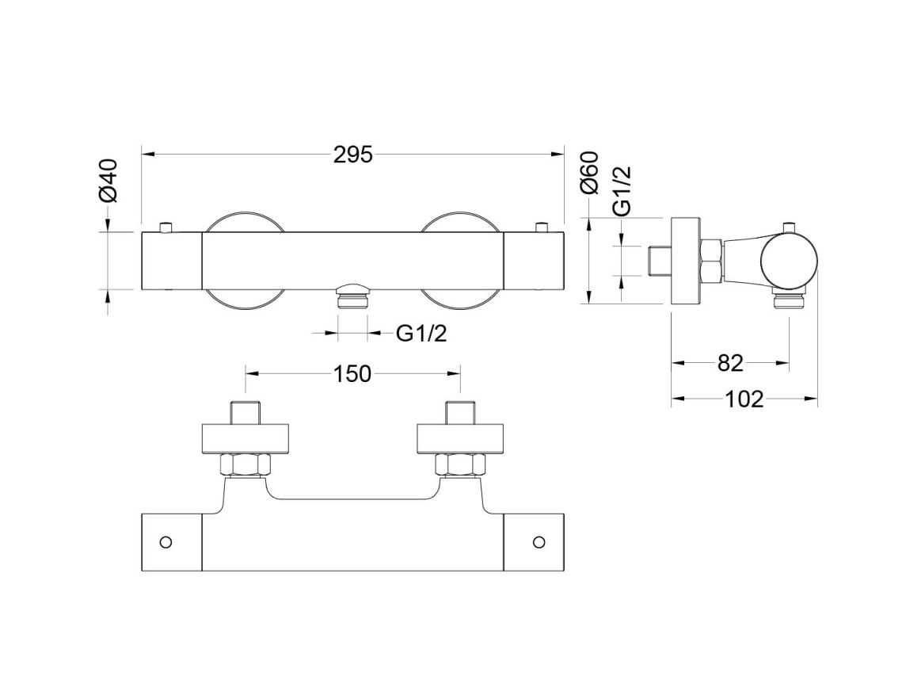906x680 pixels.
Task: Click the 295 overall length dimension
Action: pos(353,155)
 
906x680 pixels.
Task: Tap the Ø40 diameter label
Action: pos(108,181)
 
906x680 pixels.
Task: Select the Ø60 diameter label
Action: pos(590,172)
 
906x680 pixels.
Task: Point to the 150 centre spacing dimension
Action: pos(352,374)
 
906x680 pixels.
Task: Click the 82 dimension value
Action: pos(730,363)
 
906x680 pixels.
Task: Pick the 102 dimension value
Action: pos(744,399)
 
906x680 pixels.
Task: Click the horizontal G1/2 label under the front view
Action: pos(421,334)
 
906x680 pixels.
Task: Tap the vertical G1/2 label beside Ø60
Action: pos(622,191)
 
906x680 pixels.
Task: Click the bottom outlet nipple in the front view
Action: pos(352,297)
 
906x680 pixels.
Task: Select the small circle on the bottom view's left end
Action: pos(166,542)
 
